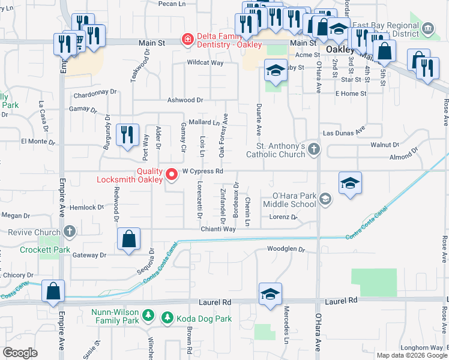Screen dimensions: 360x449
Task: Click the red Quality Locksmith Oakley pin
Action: click(172, 175)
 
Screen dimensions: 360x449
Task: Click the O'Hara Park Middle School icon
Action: click(325, 199)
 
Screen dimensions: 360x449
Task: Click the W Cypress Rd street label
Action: click(203, 171)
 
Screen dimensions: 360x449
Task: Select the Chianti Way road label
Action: click(218, 229)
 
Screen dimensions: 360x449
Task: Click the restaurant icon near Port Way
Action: click(127, 136)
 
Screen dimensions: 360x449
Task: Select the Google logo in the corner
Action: click(20, 353)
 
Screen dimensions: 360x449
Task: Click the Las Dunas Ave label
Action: click(344, 131)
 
